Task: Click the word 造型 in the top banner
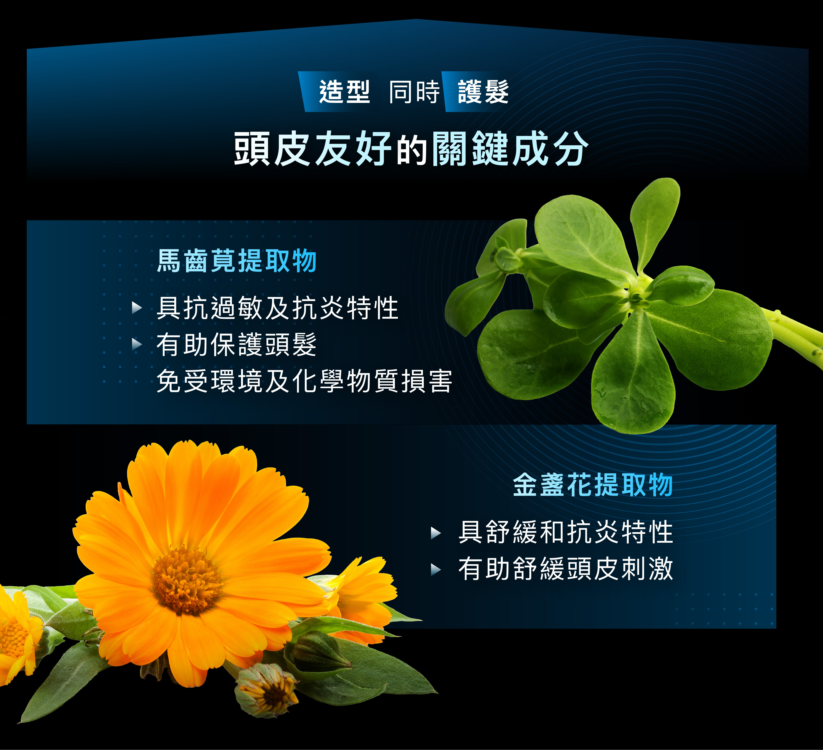pyautogui.click(x=344, y=92)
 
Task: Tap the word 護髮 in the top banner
pyautogui.click(x=483, y=92)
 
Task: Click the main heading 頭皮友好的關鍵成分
pyautogui.click(x=411, y=149)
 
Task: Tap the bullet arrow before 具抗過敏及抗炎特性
pyautogui.click(x=137, y=308)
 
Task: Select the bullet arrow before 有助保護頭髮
pyautogui.click(x=137, y=344)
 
